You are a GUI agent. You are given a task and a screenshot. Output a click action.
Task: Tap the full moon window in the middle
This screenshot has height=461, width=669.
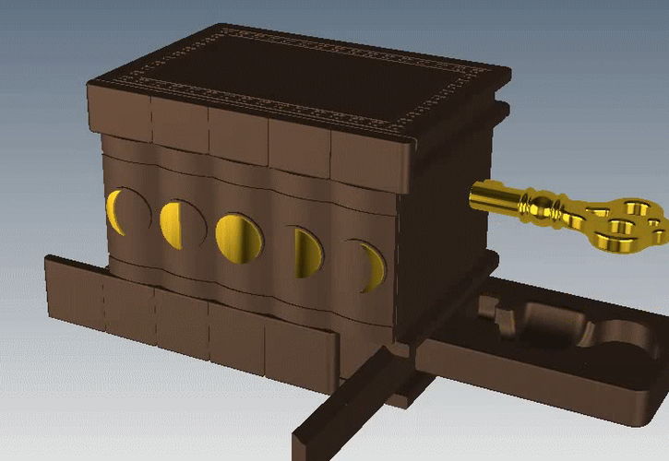[x=238, y=237]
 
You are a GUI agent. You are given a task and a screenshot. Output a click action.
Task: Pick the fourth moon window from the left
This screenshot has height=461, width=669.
[x=308, y=252]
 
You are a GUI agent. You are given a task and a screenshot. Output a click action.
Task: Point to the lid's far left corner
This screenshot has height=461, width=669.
[x=90, y=85]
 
